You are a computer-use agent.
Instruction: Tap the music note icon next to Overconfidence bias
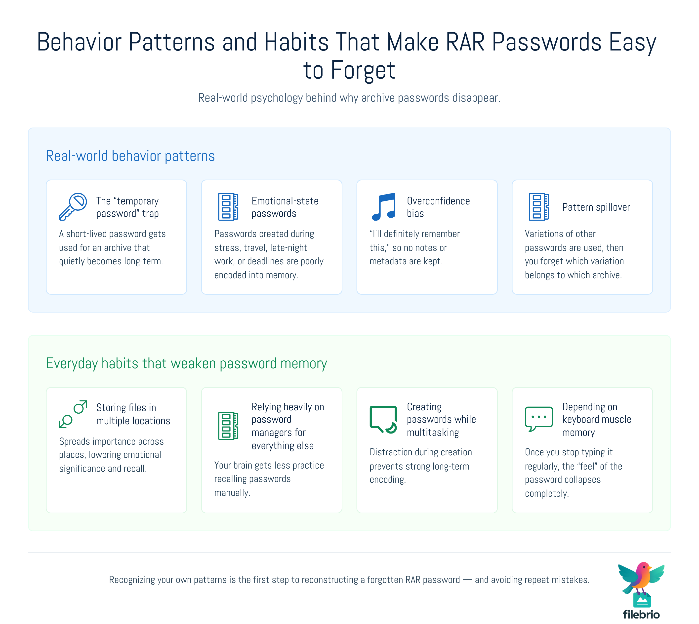[384, 207]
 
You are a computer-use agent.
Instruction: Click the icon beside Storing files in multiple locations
[73, 414]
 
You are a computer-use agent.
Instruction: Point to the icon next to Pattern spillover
[539, 207]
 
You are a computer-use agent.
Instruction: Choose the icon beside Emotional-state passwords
[228, 207]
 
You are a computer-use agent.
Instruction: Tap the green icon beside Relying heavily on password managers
[228, 426]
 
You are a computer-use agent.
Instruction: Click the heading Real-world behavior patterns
[130, 156]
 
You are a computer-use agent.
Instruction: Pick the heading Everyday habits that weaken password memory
[187, 363]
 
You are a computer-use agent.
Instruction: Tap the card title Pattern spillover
[596, 207]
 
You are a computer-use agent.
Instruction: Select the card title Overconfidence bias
[438, 207]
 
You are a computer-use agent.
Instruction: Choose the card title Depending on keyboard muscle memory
[597, 420]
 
